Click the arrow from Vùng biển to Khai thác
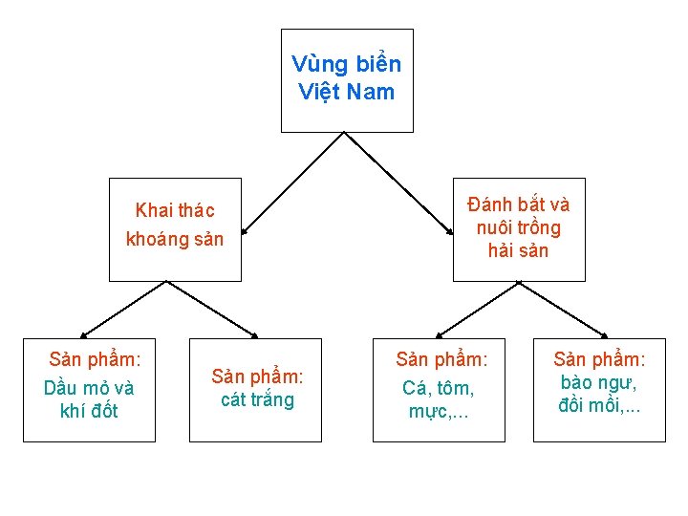coord(291,183)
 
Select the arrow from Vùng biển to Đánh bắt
coord(398,183)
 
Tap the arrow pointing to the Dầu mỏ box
coord(124,309)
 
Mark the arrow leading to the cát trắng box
coord(212,309)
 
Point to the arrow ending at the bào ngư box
coord(563,309)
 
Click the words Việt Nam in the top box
coord(346,93)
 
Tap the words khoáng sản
coord(175,239)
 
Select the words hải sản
coord(518,250)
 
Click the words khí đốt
coord(89,411)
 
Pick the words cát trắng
coord(257,399)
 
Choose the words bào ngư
coord(599,383)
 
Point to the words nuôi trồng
coord(518,227)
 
